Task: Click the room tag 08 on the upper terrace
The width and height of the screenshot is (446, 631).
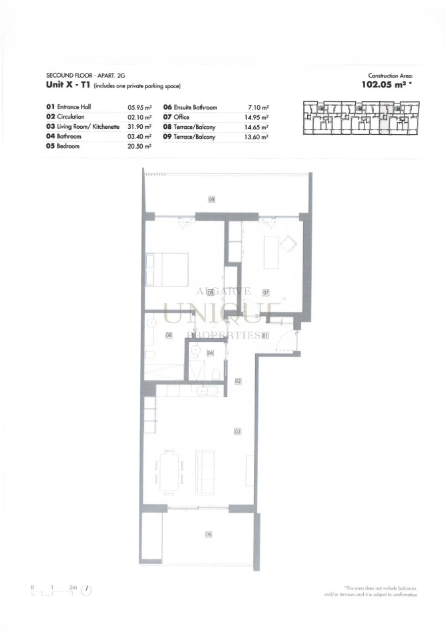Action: click(x=211, y=200)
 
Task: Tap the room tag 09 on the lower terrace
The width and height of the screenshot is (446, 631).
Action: click(x=209, y=534)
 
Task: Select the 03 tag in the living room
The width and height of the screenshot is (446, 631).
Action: click(x=238, y=432)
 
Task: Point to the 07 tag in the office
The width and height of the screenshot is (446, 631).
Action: click(x=266, y=293)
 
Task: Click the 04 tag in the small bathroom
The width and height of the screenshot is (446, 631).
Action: click(x=210, y=353)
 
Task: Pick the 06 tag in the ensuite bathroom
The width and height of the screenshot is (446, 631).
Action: click(x=168, y=335)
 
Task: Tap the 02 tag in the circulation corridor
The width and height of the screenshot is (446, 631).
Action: click(x=238, y=381)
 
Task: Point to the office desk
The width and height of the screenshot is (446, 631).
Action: click(x=271, y=253)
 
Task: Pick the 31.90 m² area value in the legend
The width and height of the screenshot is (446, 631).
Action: click(x=139, y=127)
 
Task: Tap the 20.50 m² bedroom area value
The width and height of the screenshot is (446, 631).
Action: click(x=139, y=147)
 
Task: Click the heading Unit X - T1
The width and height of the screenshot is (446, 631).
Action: click(x=67, y=85)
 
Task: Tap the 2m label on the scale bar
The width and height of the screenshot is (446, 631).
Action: click(x=73, y=587)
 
